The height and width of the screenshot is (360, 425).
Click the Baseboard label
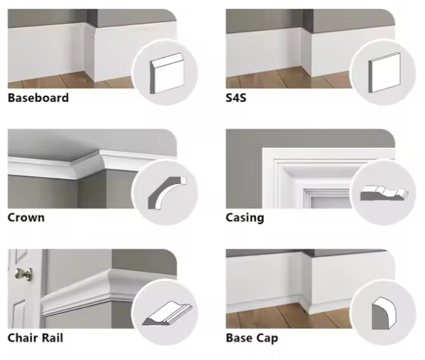(x=38, y=98)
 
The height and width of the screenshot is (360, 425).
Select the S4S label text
(x=237, y=98)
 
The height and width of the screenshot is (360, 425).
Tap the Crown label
(x=26, y=218)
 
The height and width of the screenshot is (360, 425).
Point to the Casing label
(x=245, y=218)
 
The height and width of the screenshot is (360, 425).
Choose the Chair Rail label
(x=35, y=338)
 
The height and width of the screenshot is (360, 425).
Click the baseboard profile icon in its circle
(x=165, y=71)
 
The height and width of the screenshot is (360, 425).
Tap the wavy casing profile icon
(x=383, y=192)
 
